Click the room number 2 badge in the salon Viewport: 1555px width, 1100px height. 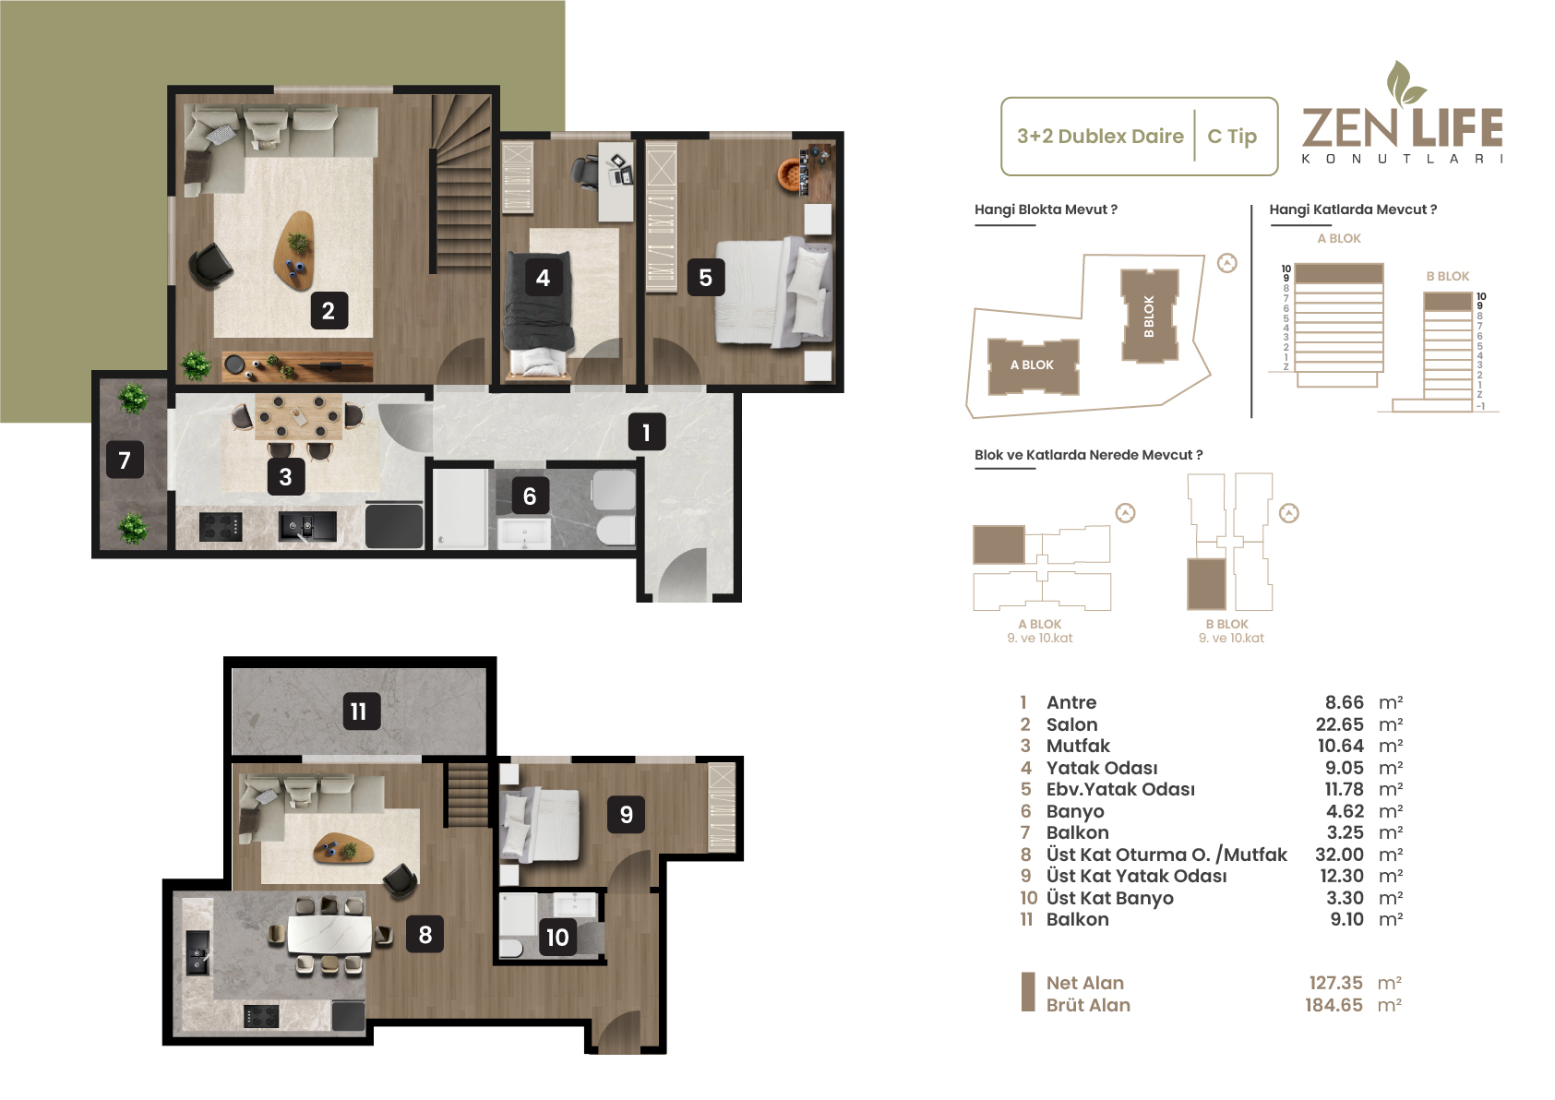click(x=329, y=310)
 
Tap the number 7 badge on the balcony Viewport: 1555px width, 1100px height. click(x=125, y=460)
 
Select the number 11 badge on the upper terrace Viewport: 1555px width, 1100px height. click(x=362, y=711)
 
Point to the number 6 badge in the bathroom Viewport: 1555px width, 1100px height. click(x=530, y=496)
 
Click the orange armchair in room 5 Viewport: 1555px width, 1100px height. click(x=790, y=173)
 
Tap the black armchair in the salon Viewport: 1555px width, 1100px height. click(x=210, y=266)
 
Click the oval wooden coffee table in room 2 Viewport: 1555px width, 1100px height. click(x=294, y=250)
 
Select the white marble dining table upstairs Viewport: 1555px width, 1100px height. click(x=329, y=935)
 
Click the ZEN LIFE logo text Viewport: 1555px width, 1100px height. click(x=1403, y=128)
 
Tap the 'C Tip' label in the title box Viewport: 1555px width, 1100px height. click(x=1232, y=136)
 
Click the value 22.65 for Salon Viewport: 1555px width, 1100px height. click(x=1340, y=724)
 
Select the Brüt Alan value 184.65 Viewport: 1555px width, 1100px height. click(x=1334, y=1005)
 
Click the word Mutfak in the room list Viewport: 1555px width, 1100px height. click(x=1078, y=746)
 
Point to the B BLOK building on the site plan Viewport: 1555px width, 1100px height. click(x=1149, y=316)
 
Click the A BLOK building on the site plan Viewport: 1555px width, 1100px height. click(x=1033, y=365)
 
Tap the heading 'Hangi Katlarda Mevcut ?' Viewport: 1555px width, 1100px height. click(x=1353, y=209)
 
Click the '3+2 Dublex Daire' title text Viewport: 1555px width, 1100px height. click(x=1100, y=136)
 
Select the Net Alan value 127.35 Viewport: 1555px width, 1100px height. click(x=1335, y=983)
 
